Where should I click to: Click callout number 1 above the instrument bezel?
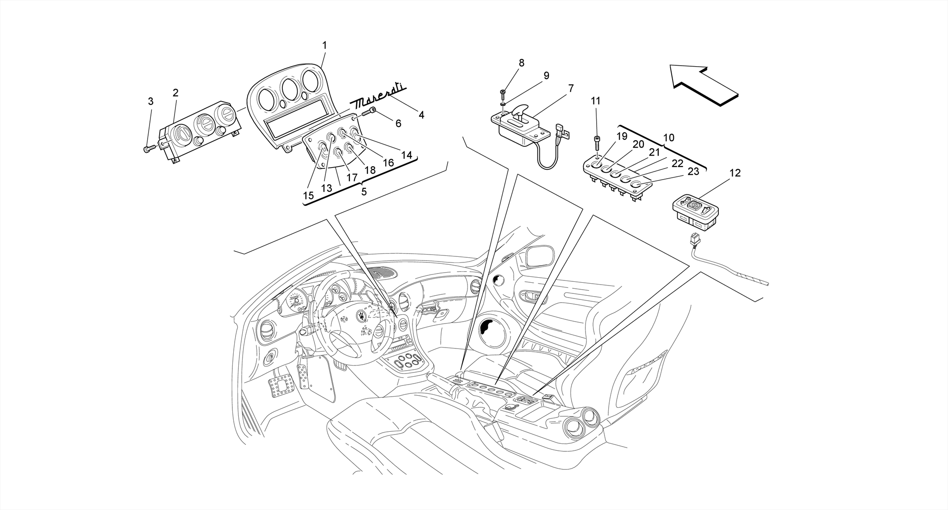click(324, 45)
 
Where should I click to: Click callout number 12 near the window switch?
click(735, 173)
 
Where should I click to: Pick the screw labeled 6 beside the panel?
click(369, 111)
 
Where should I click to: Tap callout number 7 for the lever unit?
click(571, 88)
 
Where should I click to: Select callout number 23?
click(693, 171)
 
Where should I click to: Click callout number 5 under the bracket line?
click(364, 192)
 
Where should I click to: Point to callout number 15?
click(308, 195)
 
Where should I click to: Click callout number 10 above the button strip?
click(668, 137)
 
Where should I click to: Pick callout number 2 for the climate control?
click(175, 93)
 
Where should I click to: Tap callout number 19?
click(622, 136)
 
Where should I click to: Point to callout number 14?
click(406, 155)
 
